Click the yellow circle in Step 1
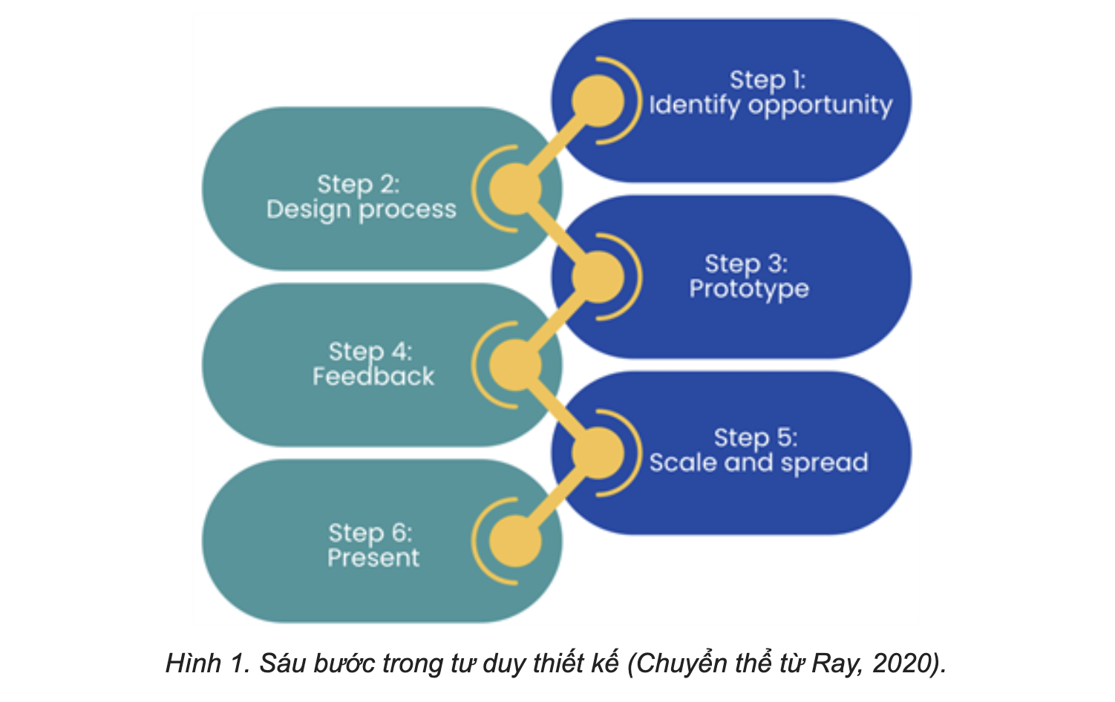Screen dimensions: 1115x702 pyautogui.click(x=598, y=101)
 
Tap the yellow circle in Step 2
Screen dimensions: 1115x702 pyautogui.click(x=515, y=189)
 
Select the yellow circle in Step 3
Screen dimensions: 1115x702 pyautogui.click(x=598, y=277)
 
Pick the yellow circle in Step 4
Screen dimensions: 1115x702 pyautogui.click(x=515, y=365)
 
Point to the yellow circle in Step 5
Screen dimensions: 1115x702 pyautogui.click(x=598, y=453)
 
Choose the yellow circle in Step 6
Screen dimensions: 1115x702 pyautogui.click(x=515, y=541)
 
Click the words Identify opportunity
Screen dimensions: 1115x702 pyautogui.click(x=771, y=106)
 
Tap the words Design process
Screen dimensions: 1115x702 pyautogui.click(x=362, y=210)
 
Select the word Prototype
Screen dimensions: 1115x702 pyautogui.click(x=749, y=289)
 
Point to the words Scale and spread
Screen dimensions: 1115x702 pyautogui.click(x=759, y=463)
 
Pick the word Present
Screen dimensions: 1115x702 pyautogui.click(x=373, y=557)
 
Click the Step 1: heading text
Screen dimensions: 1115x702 pyautogui.click(x=768, y=80)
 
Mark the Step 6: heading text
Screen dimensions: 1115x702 pyautogui.click(x=370, y=534)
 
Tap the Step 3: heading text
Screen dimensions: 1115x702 pyautogui.click(x=746, y=263)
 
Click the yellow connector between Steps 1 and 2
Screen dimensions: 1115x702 pyautogui.click(x=557, y=145)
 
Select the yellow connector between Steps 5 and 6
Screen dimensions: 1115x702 pyautogui.click(x=557, y=497)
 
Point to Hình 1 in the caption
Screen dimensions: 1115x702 pyautogui.click(x=208, y=663)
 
